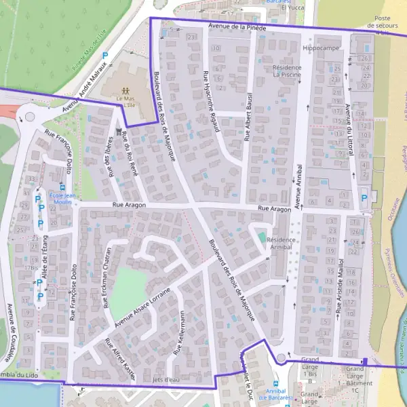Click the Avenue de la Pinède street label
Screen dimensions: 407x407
click(x=237, y=27)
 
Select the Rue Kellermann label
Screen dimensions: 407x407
click(x=179, y=333)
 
